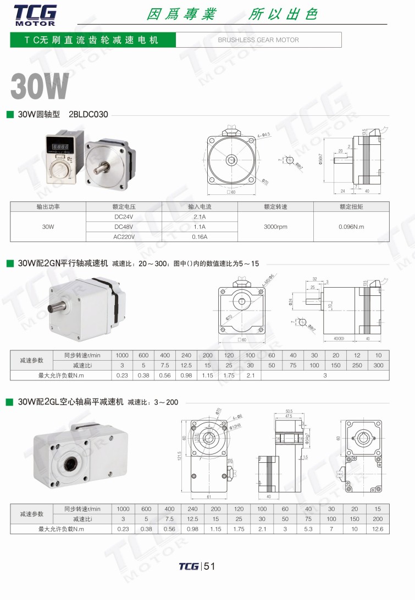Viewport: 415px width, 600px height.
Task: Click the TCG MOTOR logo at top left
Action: click(35, 15)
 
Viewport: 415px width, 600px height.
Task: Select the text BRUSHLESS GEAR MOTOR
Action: click(258, 40)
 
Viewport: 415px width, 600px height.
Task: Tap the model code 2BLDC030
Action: click(88, 115)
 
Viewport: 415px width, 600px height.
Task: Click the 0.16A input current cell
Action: click(200, 237)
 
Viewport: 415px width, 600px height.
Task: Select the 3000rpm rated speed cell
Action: click(275, 227)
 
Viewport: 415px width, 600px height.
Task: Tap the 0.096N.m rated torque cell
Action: click(351, 227)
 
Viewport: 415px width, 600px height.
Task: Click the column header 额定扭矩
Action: click(351, 207)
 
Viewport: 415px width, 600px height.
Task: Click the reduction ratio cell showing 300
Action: click(378, 365)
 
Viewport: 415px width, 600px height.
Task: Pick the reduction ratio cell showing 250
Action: click(357, 365)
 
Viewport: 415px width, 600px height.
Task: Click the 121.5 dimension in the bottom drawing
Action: click(180, 456)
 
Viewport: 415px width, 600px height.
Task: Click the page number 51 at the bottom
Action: click(209, 567)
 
